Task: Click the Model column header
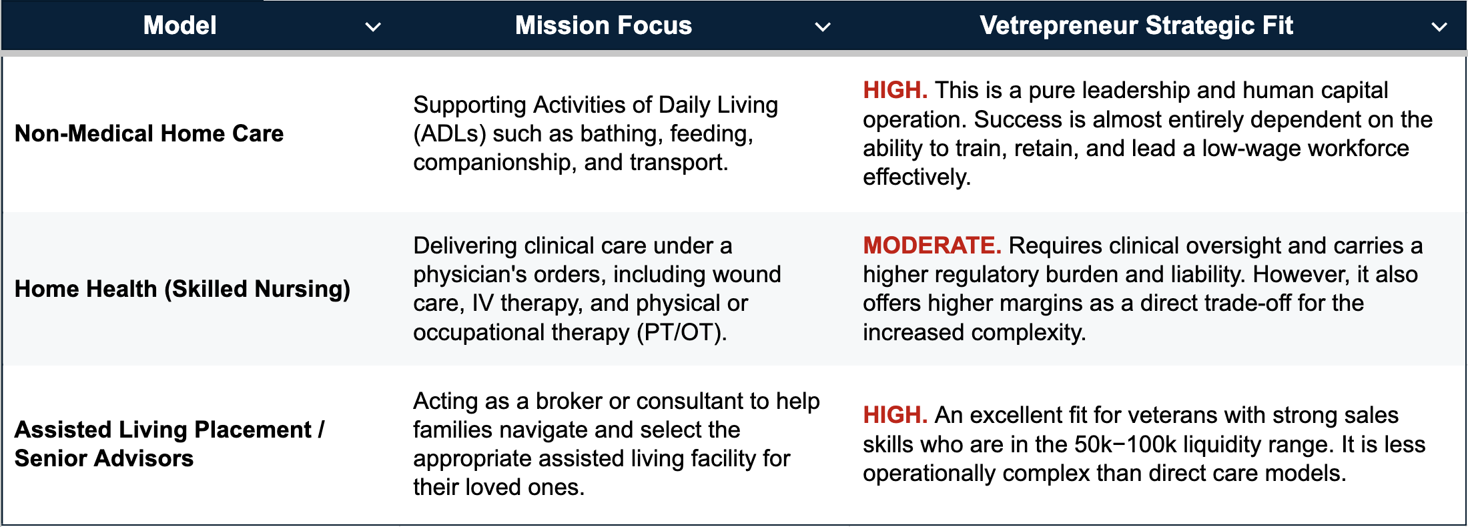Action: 180,25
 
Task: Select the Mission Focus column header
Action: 604,25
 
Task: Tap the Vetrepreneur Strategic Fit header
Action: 1136,25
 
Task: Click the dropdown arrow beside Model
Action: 373,27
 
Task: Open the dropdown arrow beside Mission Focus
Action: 823,27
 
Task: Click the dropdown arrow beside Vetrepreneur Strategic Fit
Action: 1439,27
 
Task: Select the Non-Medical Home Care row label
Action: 149,133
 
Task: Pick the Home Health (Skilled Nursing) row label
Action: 182,289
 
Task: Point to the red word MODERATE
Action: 932,245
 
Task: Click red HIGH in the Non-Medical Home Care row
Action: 895,90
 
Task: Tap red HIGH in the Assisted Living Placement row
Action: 895,415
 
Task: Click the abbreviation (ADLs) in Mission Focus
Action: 449,134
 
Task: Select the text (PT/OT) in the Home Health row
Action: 680,332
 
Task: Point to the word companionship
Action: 494,163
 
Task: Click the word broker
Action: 569,401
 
